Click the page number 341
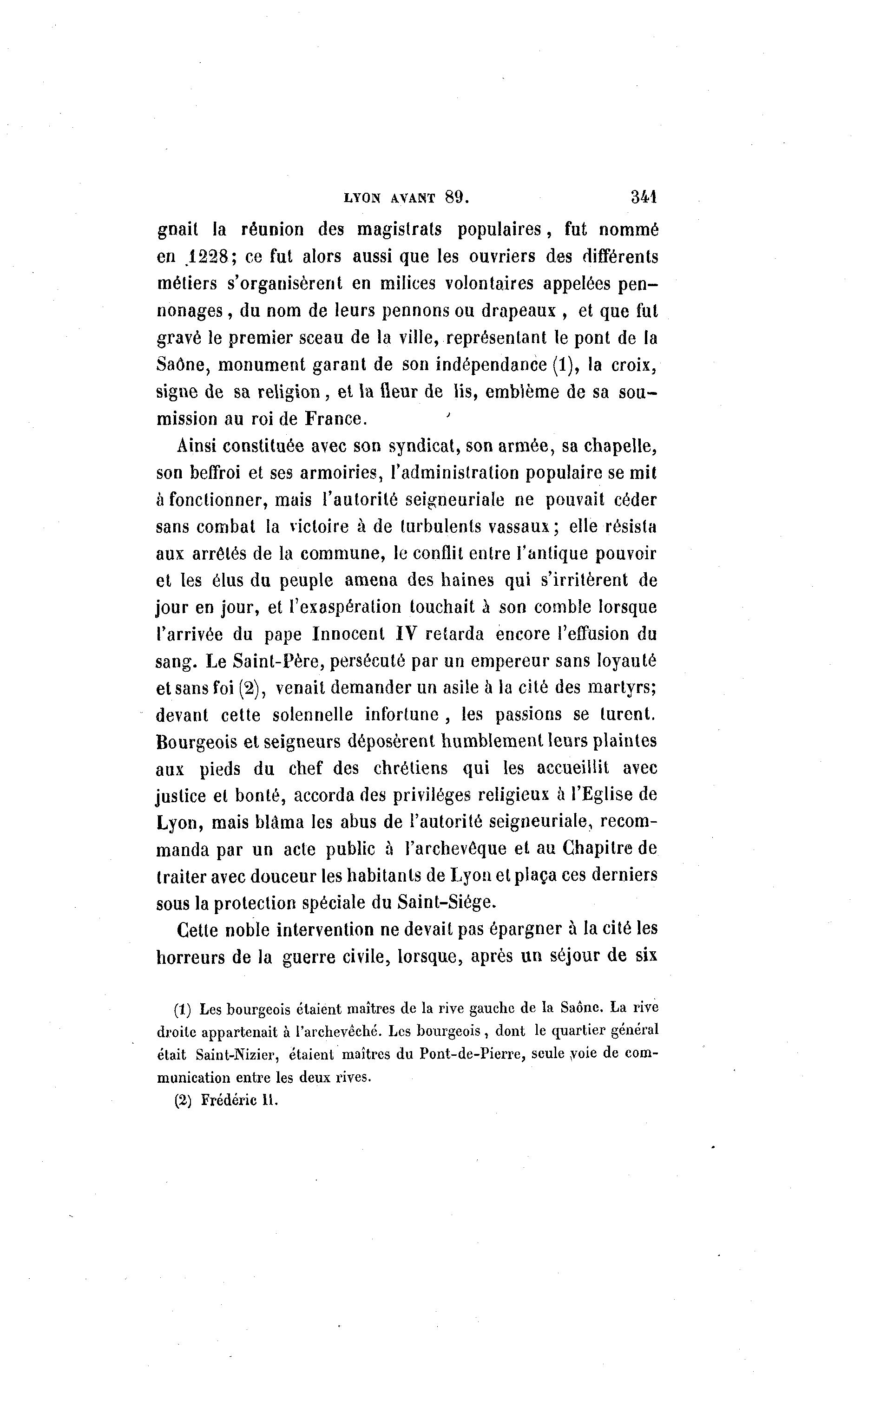644,197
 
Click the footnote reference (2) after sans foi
252,688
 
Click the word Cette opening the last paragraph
197,930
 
